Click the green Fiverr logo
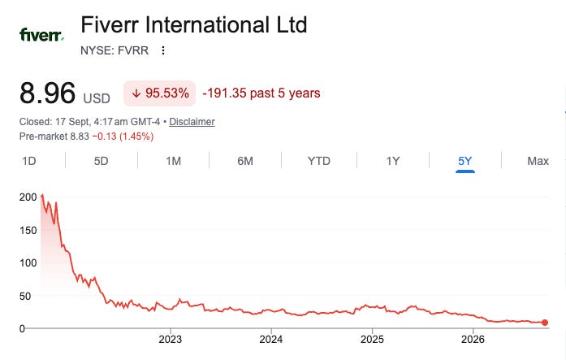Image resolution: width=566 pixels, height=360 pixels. [x=41, y=35]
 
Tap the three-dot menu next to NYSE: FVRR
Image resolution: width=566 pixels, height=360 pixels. [x=163, y=50]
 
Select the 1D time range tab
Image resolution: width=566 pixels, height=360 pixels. [x=29, y=161]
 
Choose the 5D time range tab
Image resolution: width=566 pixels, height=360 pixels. [x=101, y=161]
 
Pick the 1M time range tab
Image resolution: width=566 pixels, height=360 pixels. [x=173, y=161]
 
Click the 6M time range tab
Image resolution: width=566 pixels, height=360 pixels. [x=245, y=161]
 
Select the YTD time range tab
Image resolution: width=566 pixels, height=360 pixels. [x=319, y=161]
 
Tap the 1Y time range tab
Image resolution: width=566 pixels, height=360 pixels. [x=393, y=161]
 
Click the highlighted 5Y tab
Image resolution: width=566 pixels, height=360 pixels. [x=465, y=161]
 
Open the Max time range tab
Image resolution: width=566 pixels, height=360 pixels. [x=538, y=161]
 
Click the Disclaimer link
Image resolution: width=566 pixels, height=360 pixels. [x=192, y=122]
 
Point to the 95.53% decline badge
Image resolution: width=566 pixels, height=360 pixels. [x=159, y=93]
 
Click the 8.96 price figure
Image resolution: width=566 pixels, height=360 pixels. [x=47, y=93]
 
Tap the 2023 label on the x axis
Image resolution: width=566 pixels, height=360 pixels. [x=171, y=340]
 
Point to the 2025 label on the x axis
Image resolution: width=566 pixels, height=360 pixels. [x=372, y=340]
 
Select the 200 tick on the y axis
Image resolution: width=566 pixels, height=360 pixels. [x=28, y=197]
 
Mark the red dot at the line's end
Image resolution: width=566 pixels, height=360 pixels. [x=545, y=323]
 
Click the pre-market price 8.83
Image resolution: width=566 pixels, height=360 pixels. [x=80, y=137]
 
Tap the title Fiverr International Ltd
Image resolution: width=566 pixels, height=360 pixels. [x=194, y=24]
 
